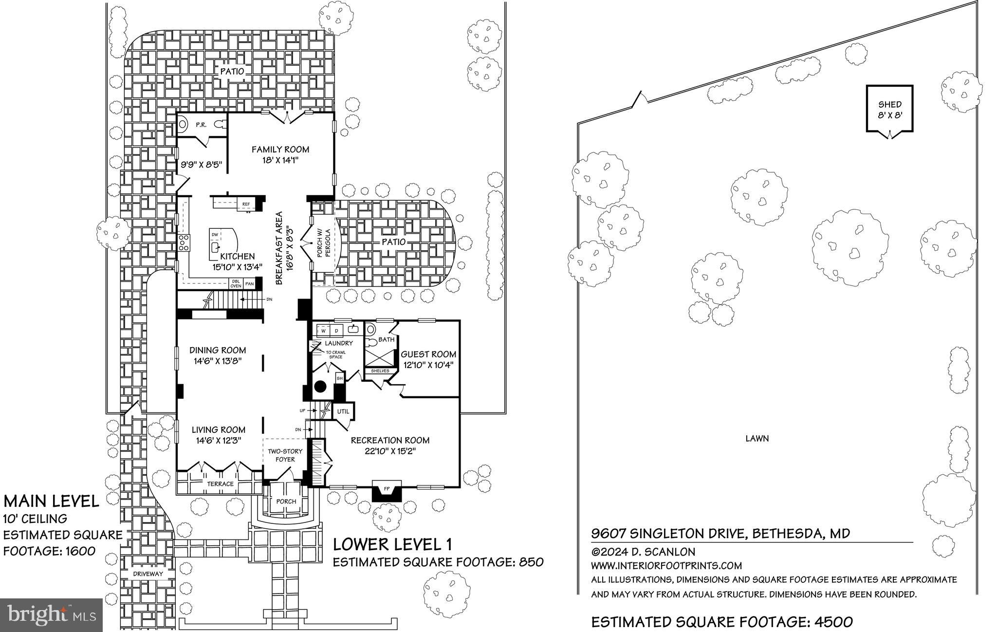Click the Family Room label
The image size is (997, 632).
tap(280, 149)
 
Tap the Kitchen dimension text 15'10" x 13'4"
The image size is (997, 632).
tap(237, 267)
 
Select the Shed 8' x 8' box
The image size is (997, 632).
tap(889, 109)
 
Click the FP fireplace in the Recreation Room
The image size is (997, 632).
tap(387, 488)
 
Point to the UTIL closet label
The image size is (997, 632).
tap(343, 411)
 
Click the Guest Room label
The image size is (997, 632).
tap(428, 354)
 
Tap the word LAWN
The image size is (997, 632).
tap(757, 438)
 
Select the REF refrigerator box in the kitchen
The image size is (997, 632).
tap(246, 204)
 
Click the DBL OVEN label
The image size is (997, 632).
tap(236, 284)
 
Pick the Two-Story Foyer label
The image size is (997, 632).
tap(285, 455)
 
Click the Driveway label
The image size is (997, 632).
tap(148, 574)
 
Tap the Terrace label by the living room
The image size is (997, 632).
tap(220, 484)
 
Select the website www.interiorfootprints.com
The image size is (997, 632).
tap(666, 566)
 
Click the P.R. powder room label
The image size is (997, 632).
tap(201, 125)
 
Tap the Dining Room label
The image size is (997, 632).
tap(218, 350)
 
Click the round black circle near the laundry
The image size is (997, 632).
tap(320, 387)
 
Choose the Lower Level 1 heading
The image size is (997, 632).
tap(392, 544)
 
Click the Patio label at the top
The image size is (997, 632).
tap(232, 71)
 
